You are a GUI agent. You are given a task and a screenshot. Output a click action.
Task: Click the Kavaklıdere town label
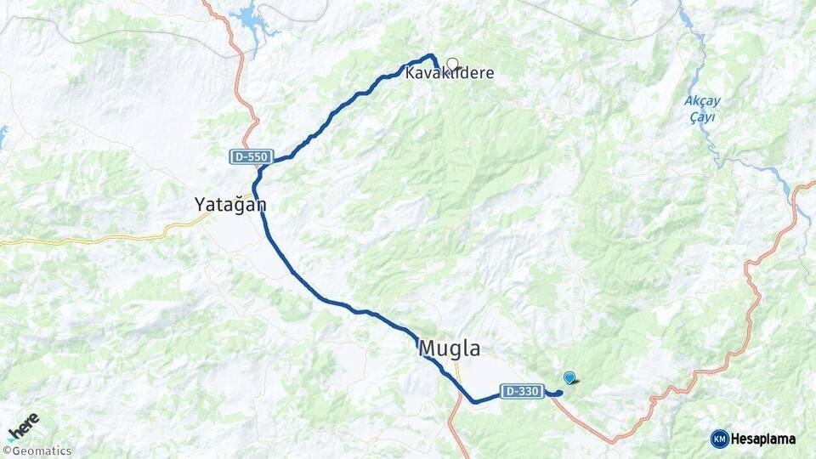[x=449, y=74]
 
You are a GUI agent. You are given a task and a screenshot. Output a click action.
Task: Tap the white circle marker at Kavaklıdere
[x=452, y=63]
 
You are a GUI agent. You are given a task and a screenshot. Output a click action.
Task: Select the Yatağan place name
[x=230, y=205]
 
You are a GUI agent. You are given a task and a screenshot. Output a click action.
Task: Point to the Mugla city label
[x=449, y=348]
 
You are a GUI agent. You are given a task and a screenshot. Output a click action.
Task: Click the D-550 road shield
[x=251, y=157]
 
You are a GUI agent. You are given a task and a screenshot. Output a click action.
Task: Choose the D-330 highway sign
[x=522, y=391]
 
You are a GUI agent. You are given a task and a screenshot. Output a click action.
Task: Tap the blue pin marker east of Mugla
[x=569, y=378]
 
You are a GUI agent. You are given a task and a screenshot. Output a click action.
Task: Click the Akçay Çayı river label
[x=702, y=109]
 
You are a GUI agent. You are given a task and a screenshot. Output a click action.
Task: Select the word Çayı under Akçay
[x=702, y=116]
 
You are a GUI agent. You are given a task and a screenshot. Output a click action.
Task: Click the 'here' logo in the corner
[x=24, y=424]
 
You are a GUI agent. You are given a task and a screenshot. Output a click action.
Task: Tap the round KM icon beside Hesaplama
[x=719, y=439]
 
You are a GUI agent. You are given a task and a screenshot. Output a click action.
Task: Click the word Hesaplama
[x=763, y=439]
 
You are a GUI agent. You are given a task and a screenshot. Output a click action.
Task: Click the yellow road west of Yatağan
[x=102, y=238]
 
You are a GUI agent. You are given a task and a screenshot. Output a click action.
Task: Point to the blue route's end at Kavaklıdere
[x=438, y=68]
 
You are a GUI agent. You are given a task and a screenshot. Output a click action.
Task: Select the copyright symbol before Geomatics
[x=6, y=451]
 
